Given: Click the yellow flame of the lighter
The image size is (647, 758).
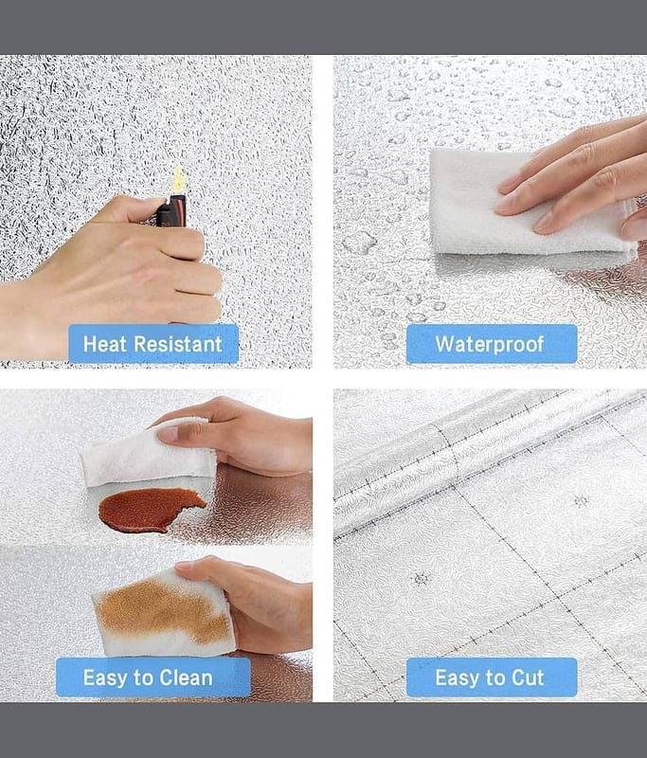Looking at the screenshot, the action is pyautogui.click(x=178, y=180).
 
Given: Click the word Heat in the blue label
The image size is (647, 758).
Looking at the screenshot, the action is pyautogui.click(x=105, y=344).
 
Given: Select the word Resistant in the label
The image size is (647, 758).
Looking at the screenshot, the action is pyautogui.click(x=178, y=344).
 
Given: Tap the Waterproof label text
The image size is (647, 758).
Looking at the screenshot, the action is pyautogui.click(x=490, y=344).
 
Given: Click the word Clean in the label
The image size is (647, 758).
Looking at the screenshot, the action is pyautogui.click(x=186, y=677).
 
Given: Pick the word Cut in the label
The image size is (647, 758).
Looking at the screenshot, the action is pyautogui.click(x=527, y=677).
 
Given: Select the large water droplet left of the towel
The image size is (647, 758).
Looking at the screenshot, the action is pyautogui.click(x=360, y=242).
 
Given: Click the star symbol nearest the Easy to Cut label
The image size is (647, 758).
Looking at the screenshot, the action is pyautogui.click(x=422, y=579).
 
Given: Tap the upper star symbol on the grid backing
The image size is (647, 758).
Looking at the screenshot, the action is pyautogui.click(x=581, y=500).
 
